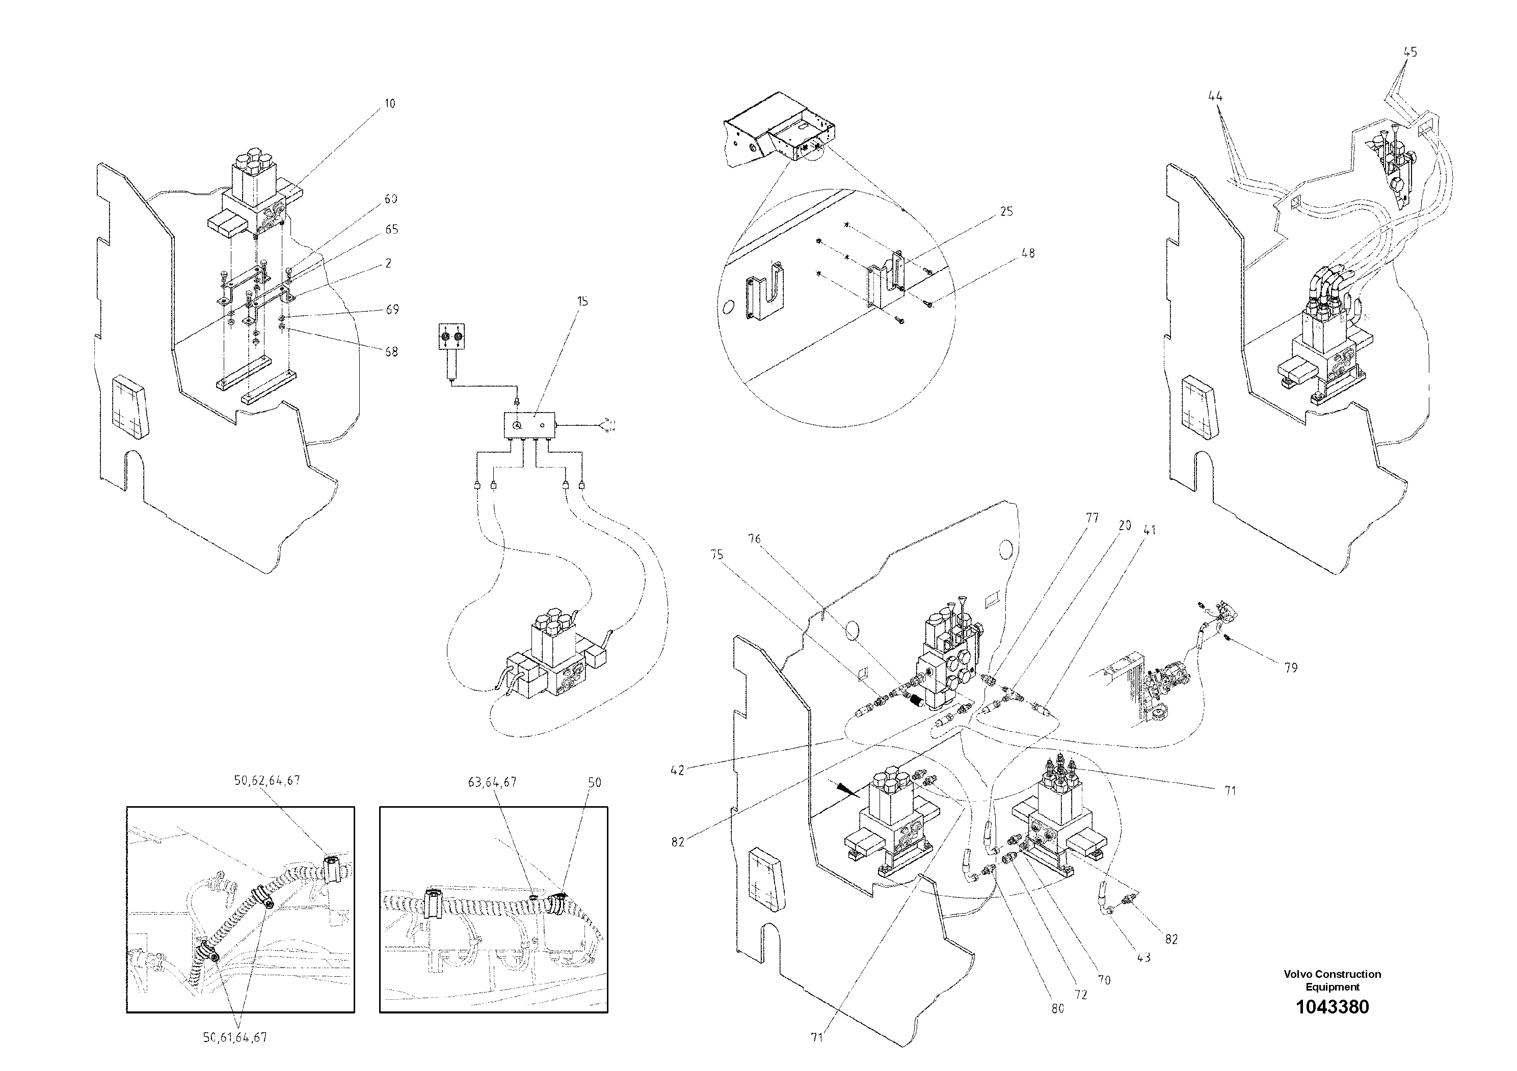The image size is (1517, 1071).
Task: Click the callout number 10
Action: click(390, 104)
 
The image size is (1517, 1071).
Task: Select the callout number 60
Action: click(391, 199)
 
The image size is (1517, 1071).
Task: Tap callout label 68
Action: click(392, 352)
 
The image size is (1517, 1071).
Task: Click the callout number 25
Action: click(1006, 211)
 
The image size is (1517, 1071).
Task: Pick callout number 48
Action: click(1028, 253)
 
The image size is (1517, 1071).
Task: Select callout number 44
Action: click(1215, 96)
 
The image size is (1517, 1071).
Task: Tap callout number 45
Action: click(1410, 51)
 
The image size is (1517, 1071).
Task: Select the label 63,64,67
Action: click(492, 782)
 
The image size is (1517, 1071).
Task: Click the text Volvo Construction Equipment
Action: click(1332, 980)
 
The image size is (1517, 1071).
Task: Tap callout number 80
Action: click(1058, 1008)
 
